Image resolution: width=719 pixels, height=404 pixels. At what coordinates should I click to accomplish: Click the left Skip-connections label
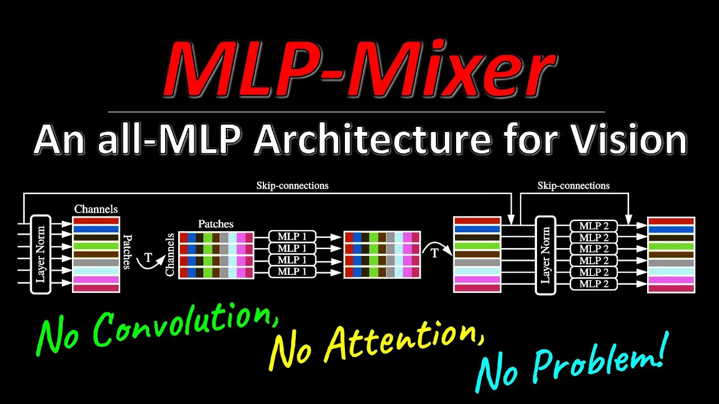292,185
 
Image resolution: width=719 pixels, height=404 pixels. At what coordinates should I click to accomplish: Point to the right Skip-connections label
573,185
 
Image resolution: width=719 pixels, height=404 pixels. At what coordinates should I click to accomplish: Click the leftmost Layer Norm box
40,254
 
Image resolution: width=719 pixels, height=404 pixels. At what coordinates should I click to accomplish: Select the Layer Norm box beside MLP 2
545,255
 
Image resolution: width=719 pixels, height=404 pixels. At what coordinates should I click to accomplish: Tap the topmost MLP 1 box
292,236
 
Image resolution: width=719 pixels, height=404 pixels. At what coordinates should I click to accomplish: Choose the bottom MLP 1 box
292,272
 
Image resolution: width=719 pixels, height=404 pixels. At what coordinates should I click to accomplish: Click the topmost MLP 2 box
594,226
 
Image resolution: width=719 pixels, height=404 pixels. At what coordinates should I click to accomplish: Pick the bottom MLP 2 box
594,284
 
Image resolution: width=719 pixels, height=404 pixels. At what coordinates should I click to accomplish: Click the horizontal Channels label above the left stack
96,209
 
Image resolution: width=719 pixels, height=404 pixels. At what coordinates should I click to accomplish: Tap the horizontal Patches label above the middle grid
216,224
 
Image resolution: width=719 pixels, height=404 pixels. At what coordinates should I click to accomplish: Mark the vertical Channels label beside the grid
170,255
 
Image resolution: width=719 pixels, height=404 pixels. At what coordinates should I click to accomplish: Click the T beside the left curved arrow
148,258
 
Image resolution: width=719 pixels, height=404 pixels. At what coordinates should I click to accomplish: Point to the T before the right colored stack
434,254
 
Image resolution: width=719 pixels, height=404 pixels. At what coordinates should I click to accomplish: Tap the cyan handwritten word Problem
598,362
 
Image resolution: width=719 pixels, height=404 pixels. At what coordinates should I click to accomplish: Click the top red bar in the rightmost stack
671,221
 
